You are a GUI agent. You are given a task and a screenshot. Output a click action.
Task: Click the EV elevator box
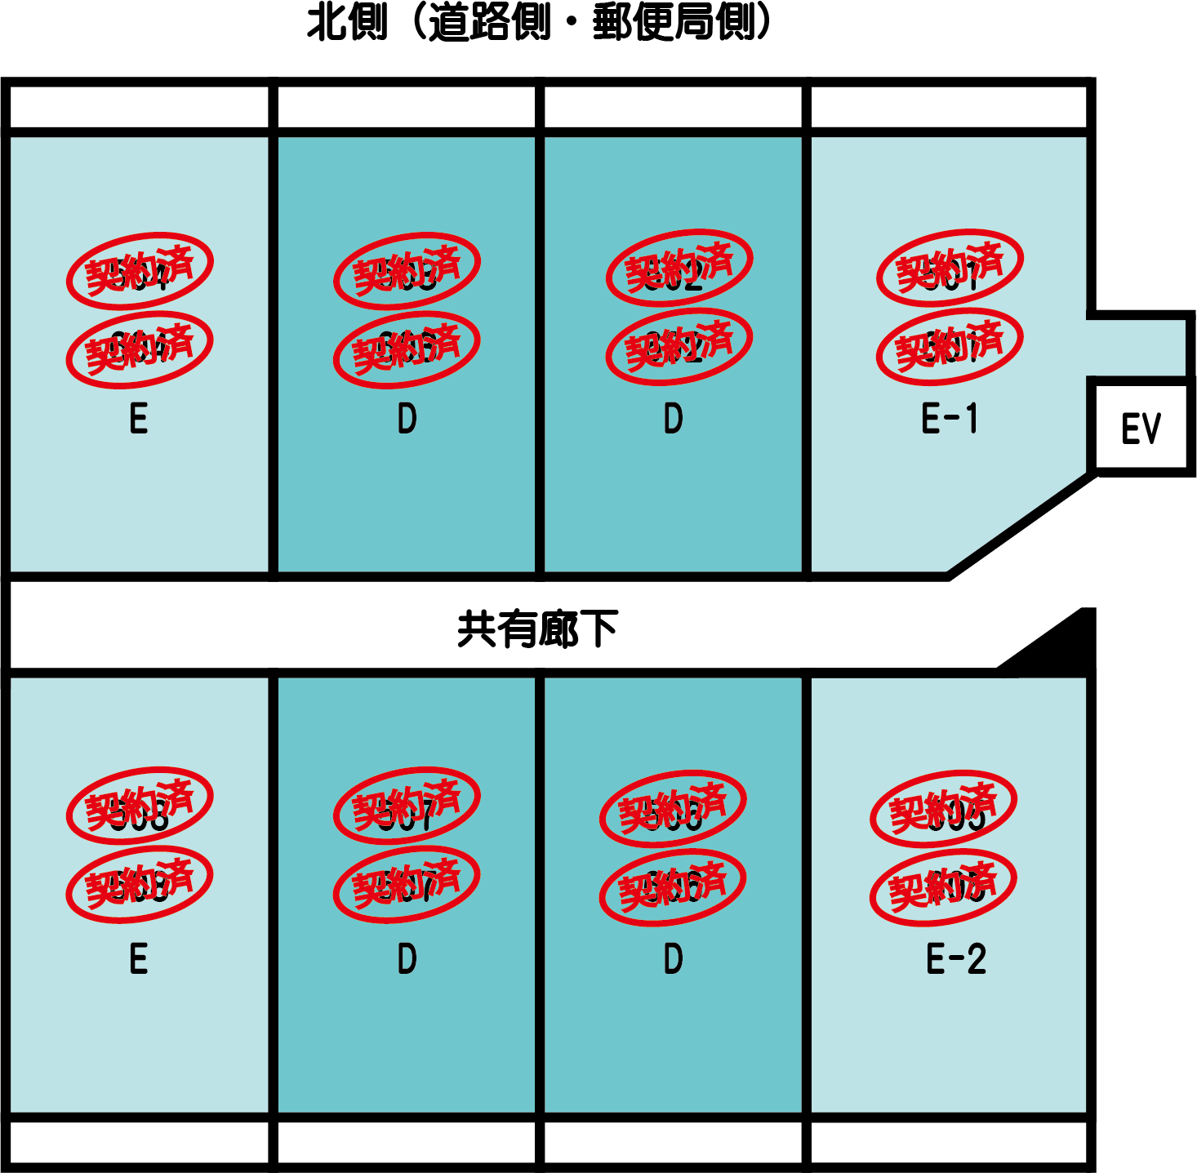point(1141,428)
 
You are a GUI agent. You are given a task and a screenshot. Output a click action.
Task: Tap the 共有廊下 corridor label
point(537,629)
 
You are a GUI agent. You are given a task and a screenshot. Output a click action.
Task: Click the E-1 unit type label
point(949,419)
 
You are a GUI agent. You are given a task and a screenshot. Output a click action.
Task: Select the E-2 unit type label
point(955,958)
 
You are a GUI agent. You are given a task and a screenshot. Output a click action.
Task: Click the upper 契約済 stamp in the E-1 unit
point(950,268)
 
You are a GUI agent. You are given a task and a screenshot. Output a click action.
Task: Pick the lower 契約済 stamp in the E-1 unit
point(950,347)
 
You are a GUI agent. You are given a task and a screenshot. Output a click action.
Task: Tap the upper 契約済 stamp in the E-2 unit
point(943,808)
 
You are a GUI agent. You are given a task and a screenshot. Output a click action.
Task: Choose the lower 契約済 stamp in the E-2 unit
point(943,887)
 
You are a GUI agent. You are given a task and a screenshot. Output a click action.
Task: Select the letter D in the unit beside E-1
point(673,419)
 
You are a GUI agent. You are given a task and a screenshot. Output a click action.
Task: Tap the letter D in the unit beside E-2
point(673,958)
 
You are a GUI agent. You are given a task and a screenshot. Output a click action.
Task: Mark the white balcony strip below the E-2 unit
point(949,1142)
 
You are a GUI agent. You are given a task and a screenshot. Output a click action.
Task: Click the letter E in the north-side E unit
point(139,419)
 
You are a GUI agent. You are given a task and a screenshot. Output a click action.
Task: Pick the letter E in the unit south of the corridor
point(139,958)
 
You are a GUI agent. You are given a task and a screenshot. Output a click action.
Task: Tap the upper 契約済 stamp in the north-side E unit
point(140,270)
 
